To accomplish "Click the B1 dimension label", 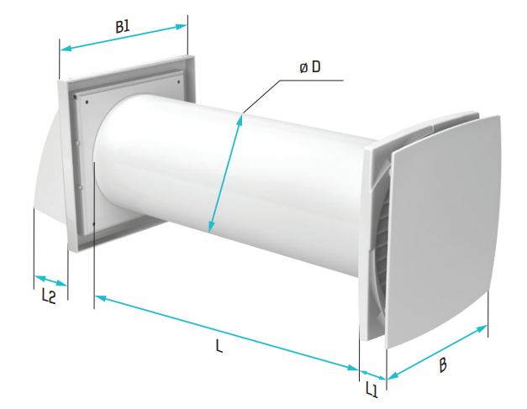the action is (123, 27).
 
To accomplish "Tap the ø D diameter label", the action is (310, 67).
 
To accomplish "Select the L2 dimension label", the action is (49, 296).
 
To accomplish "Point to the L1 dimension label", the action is (372, 390).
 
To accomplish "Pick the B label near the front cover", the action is (443, 365).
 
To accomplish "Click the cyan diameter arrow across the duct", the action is (224, 174).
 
